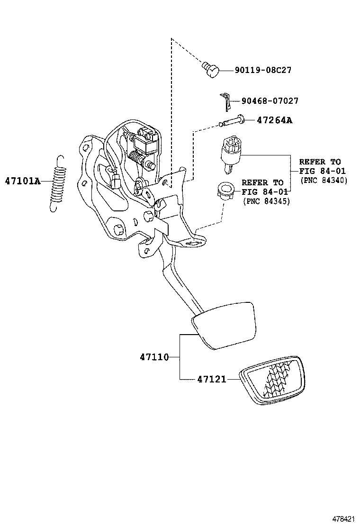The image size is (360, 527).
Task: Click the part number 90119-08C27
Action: coord(263,70)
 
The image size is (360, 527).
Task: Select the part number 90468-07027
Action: coord(270,101)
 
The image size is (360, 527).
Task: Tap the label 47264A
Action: coord(274,120)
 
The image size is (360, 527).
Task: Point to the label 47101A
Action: coord(23,181)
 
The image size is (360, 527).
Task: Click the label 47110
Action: coord(154,357)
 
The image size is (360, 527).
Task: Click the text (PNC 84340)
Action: coord(324,180)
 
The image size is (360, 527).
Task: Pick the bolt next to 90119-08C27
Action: coord(211,70)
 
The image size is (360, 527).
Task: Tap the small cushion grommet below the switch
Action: coord(225,192)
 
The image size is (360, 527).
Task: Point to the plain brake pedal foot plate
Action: coord(224,325)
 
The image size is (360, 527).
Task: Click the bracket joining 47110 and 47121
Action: coord(180,357)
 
